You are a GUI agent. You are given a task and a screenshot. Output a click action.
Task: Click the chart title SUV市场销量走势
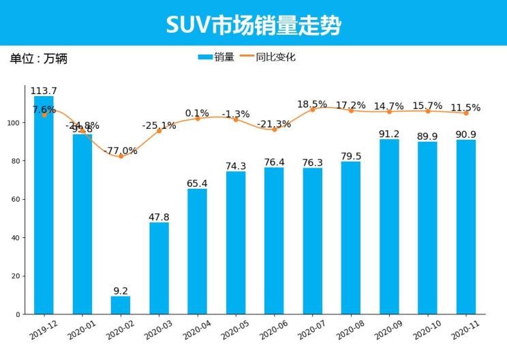[253, 25]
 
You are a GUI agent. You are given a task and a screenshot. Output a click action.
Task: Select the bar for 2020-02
[121, 305]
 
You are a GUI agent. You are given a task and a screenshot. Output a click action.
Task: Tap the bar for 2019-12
[44, 205]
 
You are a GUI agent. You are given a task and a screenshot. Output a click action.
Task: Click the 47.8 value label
[159, 217]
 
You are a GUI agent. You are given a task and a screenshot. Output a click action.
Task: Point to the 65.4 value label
[197, 183]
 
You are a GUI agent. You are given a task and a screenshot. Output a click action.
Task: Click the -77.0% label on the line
[121, 151]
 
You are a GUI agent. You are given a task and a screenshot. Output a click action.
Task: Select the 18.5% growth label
[312, 104]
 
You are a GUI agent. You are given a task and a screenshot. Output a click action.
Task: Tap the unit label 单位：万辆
[38, 59]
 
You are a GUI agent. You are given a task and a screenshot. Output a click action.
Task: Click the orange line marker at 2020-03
[159, 131]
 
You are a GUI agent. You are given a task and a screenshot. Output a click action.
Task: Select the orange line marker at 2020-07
[312, 110]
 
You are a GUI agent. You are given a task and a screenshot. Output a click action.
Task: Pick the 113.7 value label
[44, 91]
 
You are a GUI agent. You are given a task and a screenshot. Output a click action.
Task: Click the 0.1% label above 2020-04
[197, 113]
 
